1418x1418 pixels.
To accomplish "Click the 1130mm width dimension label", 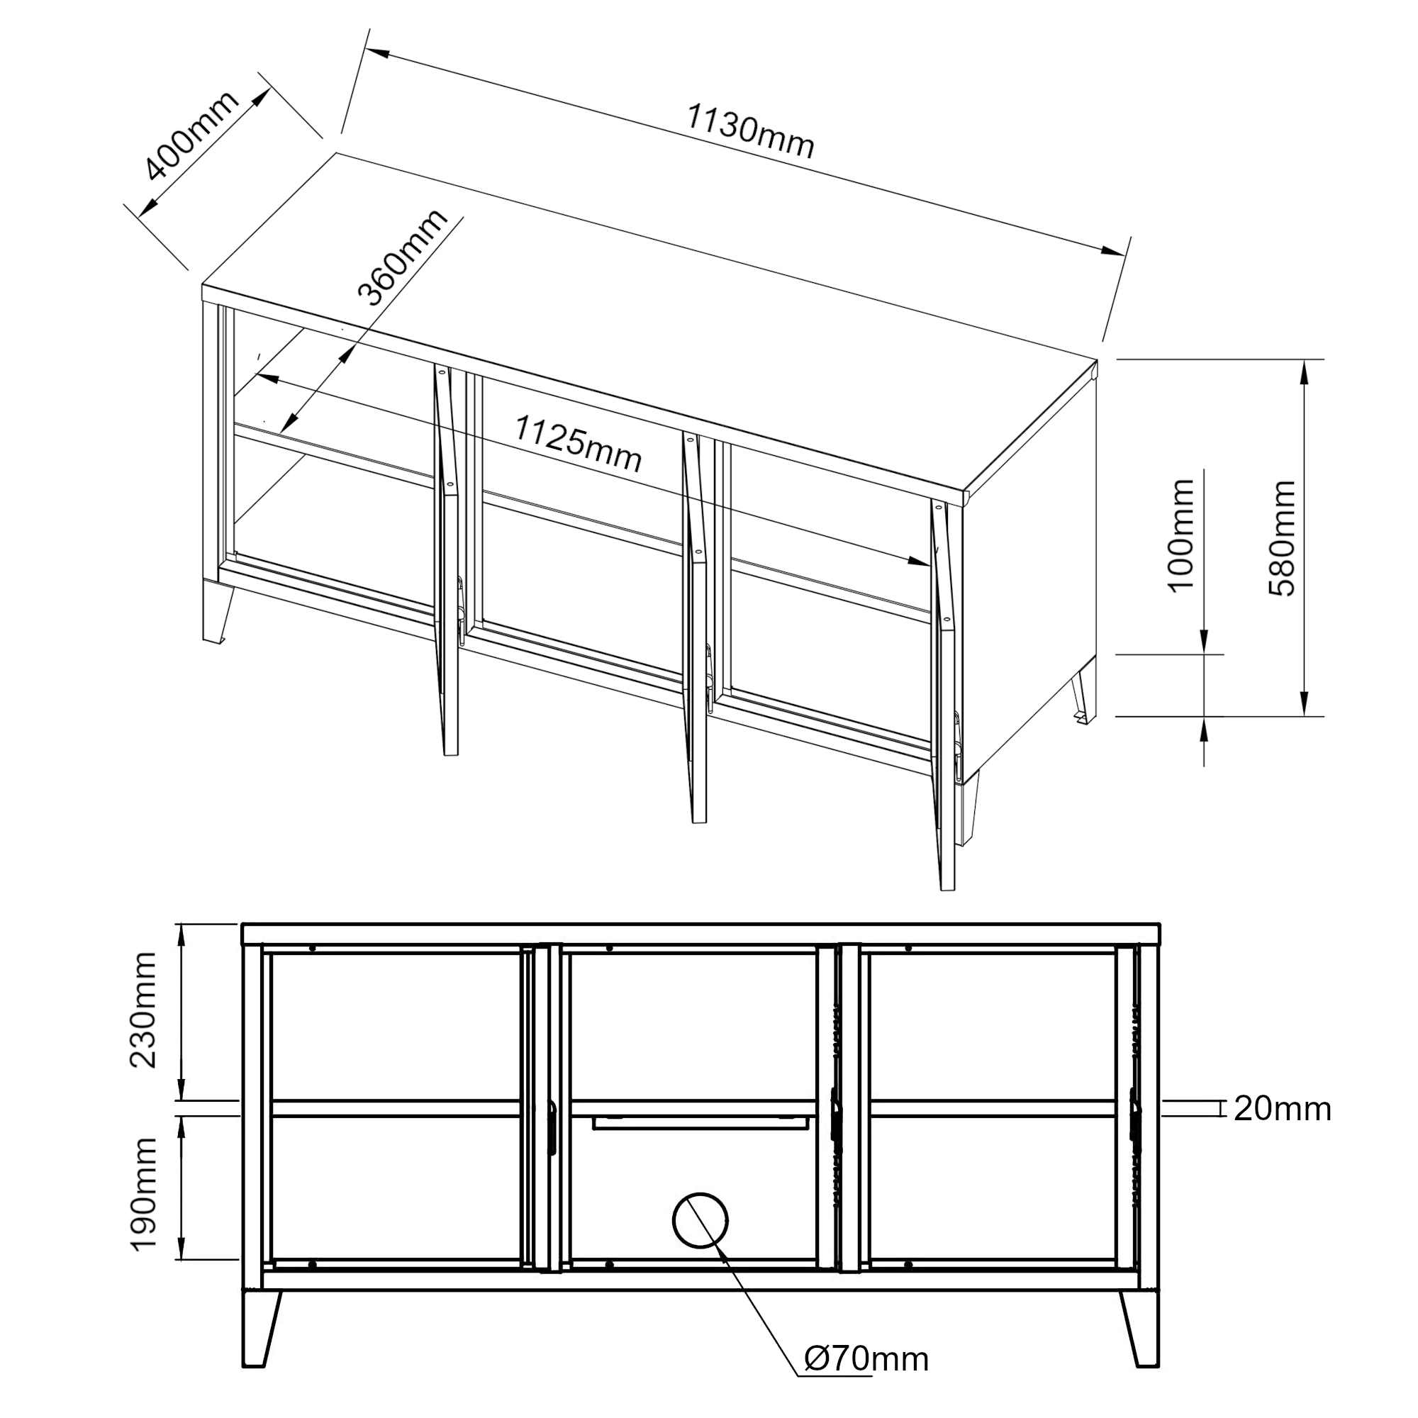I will pyautogui.click(x=750, y=132).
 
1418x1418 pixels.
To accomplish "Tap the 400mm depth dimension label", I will pyautogui.click(x=192, y=136).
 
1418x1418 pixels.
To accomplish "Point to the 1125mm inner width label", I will pyautogui.click(x=578, y=443).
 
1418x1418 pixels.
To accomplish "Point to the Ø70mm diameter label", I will pyautogui.click(x=867, y=1358).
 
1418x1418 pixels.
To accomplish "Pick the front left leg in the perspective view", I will pyautogui.click(x=217, y=613).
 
